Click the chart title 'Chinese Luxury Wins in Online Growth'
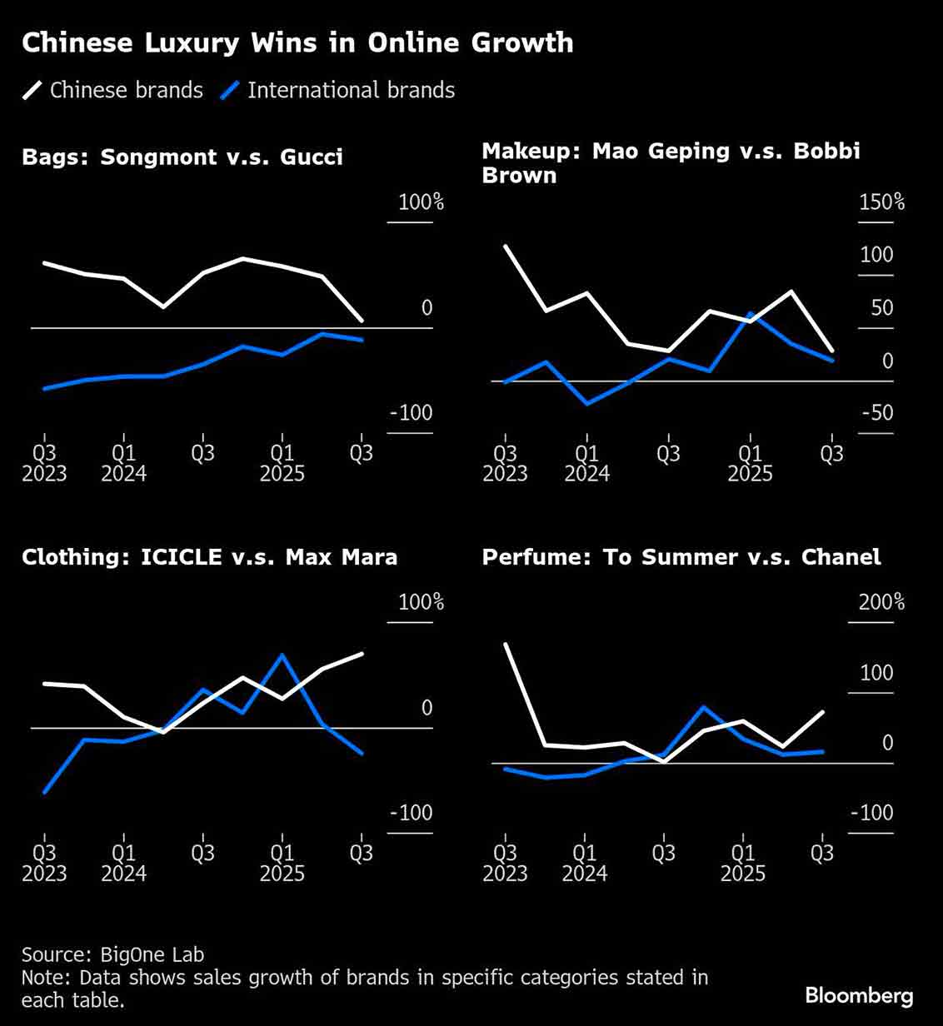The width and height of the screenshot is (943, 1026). coord(297,42)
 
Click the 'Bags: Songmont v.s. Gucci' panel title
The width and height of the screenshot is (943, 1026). coord(182,157)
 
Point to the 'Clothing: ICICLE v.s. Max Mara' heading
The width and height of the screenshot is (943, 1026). coord(209,557)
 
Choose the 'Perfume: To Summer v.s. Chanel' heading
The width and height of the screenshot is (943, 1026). coord(681,557)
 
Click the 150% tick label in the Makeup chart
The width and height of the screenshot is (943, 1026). coord(881,202)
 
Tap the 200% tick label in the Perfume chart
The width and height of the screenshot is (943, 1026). coord(881,602)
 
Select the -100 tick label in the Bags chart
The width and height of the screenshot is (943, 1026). coord(411,413)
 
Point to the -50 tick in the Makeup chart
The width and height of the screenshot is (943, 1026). coord(876,413)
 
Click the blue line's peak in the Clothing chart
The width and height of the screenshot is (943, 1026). coord(282,655)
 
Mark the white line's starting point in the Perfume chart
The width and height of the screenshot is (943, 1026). coord(506,644)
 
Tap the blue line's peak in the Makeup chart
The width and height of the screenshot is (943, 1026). coord(751,314)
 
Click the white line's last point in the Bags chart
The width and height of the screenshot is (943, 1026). coord(362,321)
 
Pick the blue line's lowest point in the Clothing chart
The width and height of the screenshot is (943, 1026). coord(44,792)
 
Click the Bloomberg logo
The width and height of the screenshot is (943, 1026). coord(859,996)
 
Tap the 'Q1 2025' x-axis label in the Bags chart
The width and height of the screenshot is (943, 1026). coord(282,463)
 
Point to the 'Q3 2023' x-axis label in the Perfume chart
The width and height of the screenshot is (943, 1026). coord(505,863)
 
